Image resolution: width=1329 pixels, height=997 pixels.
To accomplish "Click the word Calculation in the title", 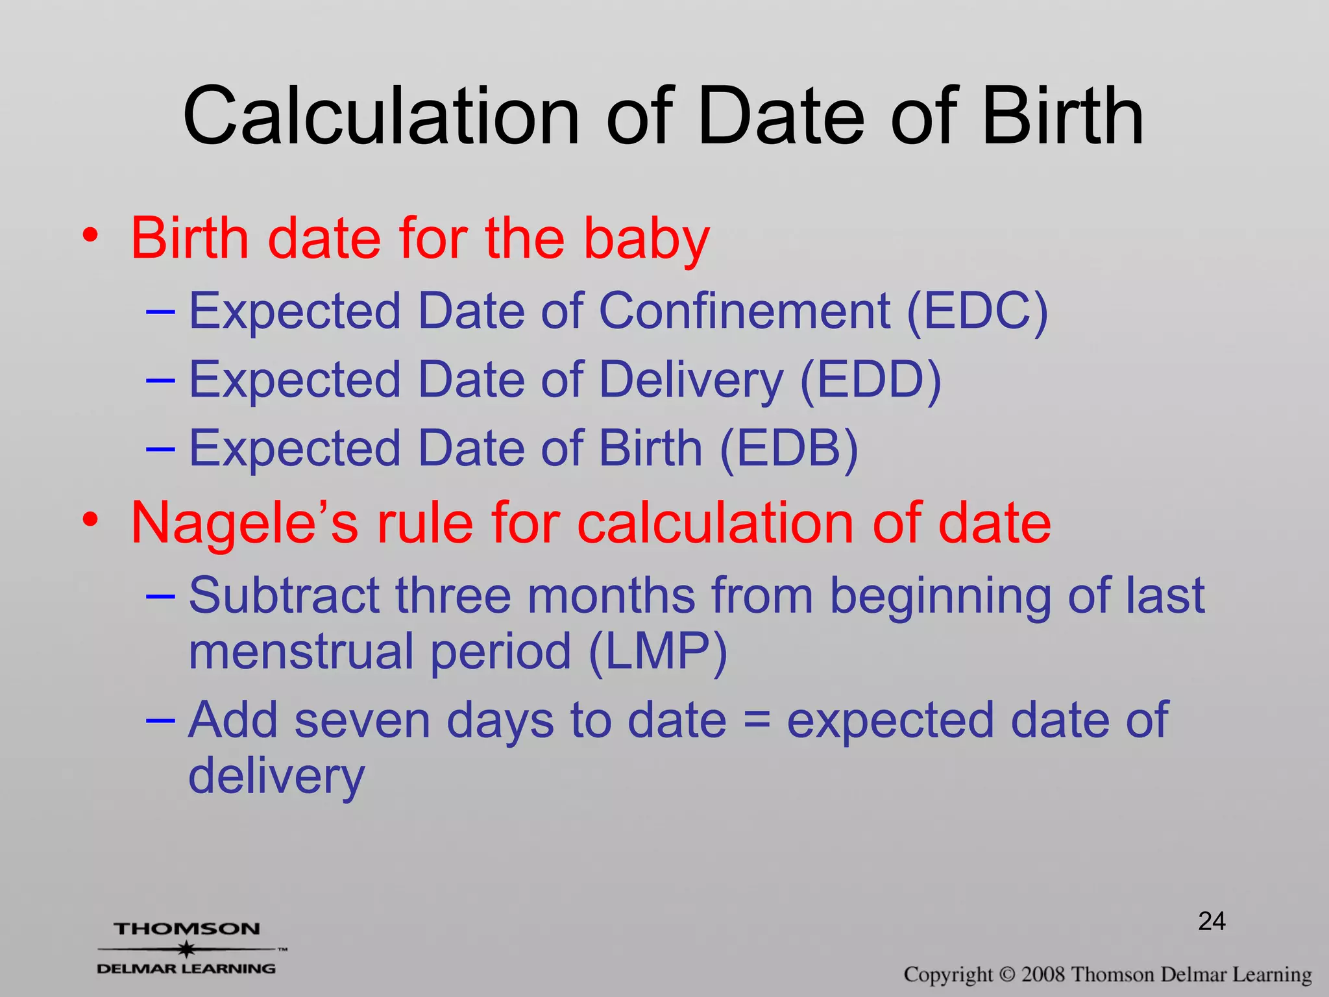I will [x=381, y=117].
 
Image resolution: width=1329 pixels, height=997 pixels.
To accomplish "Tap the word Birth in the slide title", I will [x=1062, y=117].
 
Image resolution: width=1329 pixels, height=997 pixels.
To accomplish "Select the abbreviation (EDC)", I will [x=977, y=312].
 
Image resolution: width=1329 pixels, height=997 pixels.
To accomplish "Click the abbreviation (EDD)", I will [x=870, y=380].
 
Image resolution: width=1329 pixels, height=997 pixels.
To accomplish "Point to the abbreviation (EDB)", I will [x=788, y=449].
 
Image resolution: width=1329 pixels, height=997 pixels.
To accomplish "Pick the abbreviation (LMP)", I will [x=657, y=652].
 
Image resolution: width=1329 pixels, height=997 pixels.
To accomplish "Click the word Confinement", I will [x=744, y=312].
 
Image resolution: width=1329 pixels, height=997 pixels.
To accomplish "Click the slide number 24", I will [x=1212, y=921].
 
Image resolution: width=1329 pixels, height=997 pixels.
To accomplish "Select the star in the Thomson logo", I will [x=187, y=949].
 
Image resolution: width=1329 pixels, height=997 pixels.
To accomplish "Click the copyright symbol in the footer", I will [x=1006, y=975].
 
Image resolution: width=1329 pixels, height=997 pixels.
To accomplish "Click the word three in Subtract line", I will [x=453, y=595].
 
